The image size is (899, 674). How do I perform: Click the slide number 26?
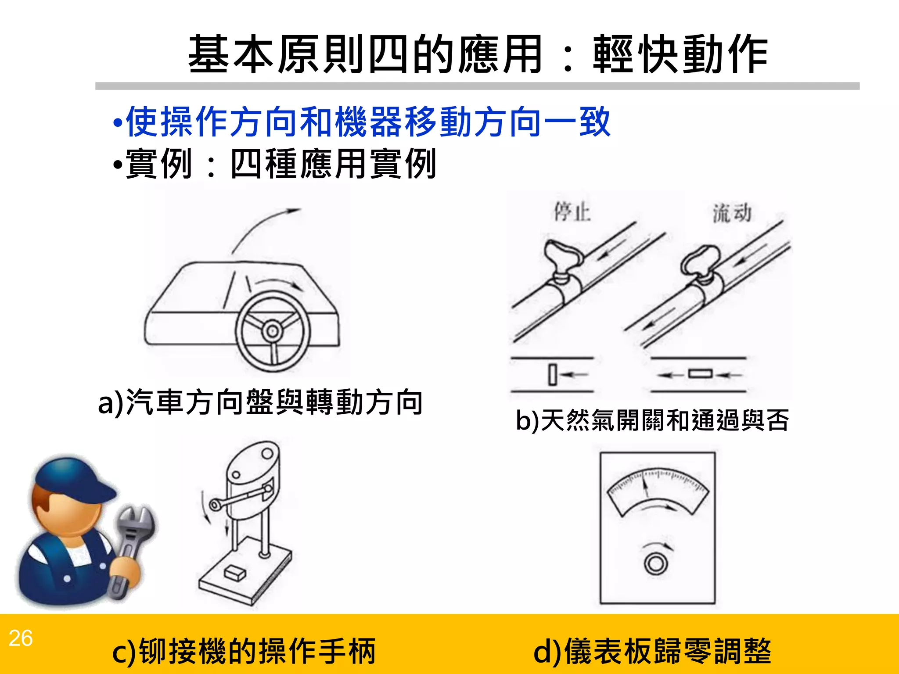(20, 638)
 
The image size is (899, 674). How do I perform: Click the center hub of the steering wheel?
(272, 330)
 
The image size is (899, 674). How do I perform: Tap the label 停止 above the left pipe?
(572, 212)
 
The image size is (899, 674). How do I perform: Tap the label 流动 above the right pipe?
(732, 213)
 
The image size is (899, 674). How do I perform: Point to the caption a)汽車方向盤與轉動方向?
(260, 402)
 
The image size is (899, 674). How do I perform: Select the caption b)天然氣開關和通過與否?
(652, 420)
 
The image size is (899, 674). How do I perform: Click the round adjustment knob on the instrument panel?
(656, 563)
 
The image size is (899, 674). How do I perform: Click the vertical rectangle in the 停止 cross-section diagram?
(553, 375)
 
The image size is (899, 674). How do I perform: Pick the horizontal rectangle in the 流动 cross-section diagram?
(700, 374)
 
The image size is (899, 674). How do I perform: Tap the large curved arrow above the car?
(263, 226)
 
